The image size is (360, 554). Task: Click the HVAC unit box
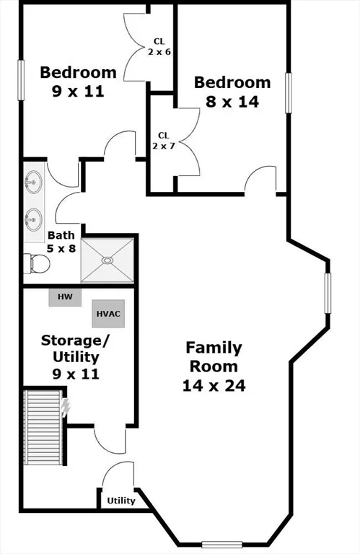click(108, 314)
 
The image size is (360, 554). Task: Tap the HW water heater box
click(65, 296)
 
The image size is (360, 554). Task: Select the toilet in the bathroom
click(36, 265)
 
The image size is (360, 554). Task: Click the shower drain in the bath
click(107, 260)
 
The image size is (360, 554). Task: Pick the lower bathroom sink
click(33, 217)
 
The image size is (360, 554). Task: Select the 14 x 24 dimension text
click(214, 386)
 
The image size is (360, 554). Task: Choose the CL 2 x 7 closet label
click(163, 140)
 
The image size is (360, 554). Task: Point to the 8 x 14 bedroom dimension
click(232, 102)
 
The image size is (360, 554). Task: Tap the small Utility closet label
click(121, 501)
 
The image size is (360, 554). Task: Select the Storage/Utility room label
click(70, 356)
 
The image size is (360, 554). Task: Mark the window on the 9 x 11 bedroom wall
click(21, 79)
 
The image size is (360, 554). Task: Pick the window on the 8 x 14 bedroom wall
click(289, 92)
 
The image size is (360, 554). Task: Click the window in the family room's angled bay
click(328, 293)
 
